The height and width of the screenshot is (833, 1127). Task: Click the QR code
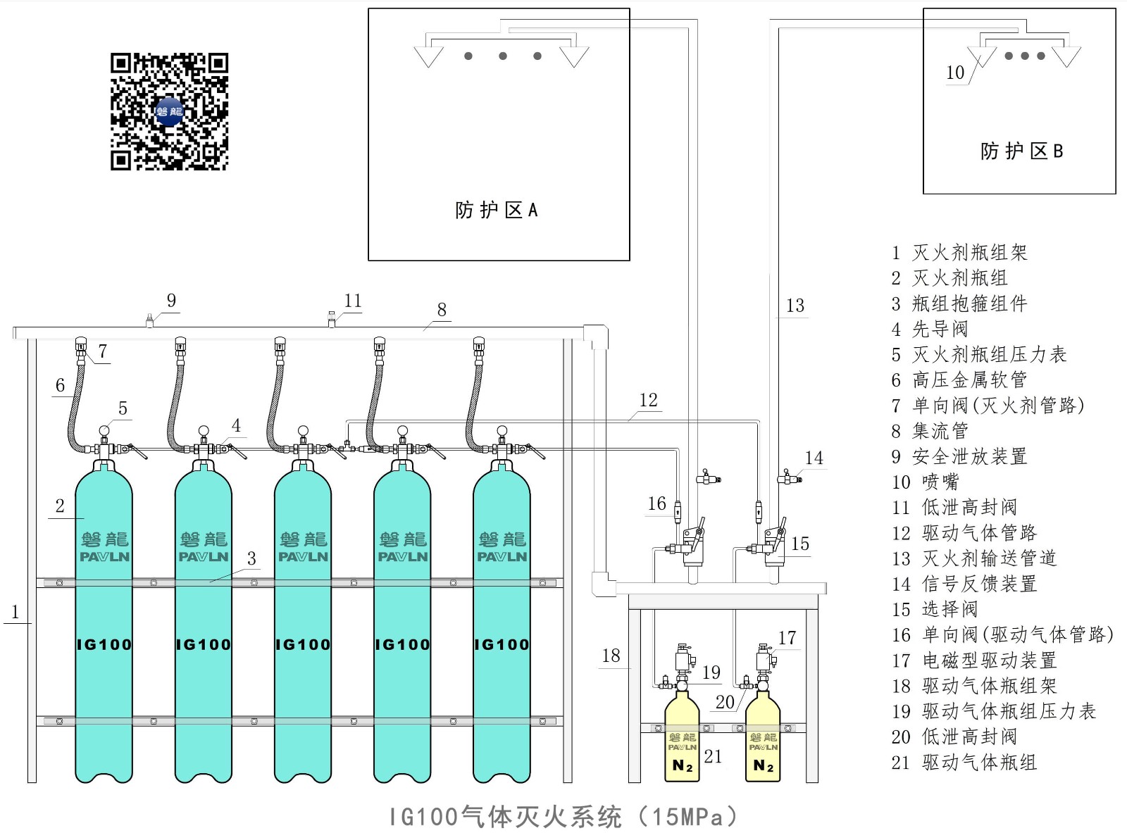(x=169, y=111)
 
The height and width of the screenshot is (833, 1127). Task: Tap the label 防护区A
(x=497, y=210)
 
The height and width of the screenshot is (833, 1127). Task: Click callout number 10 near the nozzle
(x=955, y=73)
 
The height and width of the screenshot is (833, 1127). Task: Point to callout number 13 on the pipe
(x=795, y=306)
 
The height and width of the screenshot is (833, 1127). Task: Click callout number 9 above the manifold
(x=171, y=301)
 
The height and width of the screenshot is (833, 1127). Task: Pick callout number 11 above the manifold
(x=353, y=301)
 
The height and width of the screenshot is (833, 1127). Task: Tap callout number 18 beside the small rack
(x=611, y=656)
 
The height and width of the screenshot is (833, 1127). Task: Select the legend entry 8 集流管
(x=930, y=430)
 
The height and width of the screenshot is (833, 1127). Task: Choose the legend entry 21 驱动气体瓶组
(x=964, y=762)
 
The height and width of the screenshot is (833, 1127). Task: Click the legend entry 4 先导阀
(x=930, y=329)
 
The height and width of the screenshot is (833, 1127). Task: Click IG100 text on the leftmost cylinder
(x=104, y=644)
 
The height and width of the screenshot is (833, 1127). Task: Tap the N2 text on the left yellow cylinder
(x=683, y=765)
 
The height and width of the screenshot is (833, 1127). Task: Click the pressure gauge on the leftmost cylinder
(x=104, y=430)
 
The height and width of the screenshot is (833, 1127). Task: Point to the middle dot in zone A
(x=503, y=56)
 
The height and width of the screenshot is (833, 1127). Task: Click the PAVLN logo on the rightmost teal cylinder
(x=502, y=556)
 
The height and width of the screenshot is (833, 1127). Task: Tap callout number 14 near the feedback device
(x=814, y=458)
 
